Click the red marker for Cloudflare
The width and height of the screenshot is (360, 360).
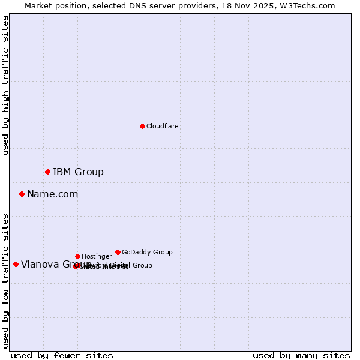(142, 126)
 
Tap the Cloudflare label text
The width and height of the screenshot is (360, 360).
(163, 127)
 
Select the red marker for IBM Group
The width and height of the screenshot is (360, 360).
(47, 172)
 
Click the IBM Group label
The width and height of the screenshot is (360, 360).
(78, 172)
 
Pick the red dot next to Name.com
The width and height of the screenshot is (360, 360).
(22, 194)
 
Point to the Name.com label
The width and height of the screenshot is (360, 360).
(52, 194)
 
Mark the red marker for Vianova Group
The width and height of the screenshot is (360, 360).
(16, 264)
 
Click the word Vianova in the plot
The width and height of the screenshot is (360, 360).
(39, 265)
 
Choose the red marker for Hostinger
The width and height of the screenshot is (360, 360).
(77, 256)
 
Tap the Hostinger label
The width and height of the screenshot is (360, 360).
(97, 257)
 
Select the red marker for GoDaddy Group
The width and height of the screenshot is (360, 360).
(118, 252)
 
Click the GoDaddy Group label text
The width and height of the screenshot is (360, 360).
(147, 253)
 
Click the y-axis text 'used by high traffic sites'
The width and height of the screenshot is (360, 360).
(6, 85)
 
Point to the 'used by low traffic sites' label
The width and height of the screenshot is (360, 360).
(6, 281)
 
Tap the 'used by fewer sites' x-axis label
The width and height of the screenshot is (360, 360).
(62, 356)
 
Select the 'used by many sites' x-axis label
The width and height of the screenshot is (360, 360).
(301, 356)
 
